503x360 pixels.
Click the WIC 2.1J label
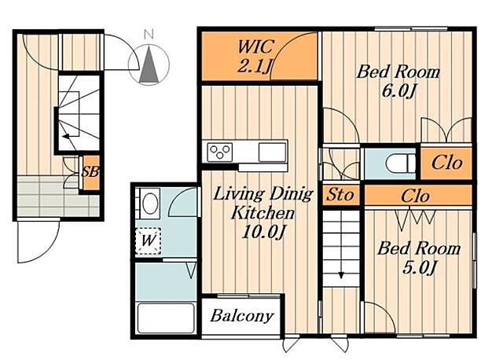[x=255, y=57]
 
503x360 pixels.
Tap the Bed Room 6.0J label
[x=398, y=81]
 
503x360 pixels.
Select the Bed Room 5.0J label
[x=419, y=258]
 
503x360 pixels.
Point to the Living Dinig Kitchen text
[x=263, y=203]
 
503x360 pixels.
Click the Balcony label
[x=242, y=316]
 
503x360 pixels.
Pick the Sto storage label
[x=340, y=194]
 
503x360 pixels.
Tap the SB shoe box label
[x=90, y=172]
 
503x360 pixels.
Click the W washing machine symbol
[x=148, y=241]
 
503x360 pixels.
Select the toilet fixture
[x=400, y=163]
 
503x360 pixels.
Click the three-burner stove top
[x=220, y=152]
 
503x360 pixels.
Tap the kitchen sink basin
[x=272, y=152]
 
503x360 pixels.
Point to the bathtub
[x=166, y=318]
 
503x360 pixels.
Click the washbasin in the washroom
[x=150, y=204]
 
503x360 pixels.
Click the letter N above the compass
[x=149, y=34]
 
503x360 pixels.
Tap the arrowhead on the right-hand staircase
[x=340, y=275]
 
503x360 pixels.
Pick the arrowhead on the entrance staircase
[x=66, y=136]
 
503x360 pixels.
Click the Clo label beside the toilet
[x=446, y=163]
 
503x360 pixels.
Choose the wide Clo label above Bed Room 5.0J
[x=415, y=196]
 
